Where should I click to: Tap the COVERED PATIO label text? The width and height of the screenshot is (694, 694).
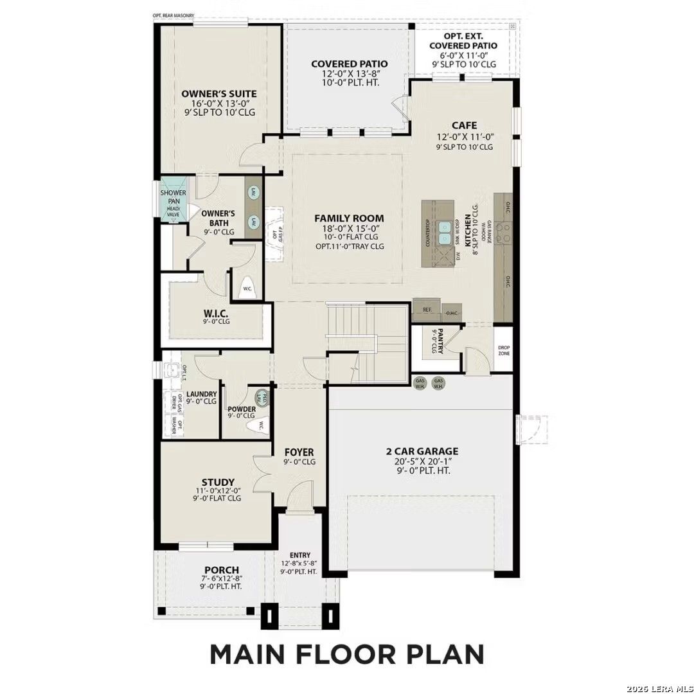[x=349, y=64]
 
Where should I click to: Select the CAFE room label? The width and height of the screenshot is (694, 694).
[x=463, y=125]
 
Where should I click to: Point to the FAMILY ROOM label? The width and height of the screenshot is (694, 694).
[x=349, y=218]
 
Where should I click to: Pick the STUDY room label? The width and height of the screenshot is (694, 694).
[x=217, y=482]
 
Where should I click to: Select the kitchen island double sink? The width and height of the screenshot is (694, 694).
[x=444, y=233]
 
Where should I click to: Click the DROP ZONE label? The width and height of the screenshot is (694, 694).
[x=504, y=351]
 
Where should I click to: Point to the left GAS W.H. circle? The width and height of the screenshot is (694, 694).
[x=421, y=384]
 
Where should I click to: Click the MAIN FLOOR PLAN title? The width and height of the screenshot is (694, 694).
[x=347, y=654]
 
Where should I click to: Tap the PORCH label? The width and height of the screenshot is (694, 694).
[x=222, y=570]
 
